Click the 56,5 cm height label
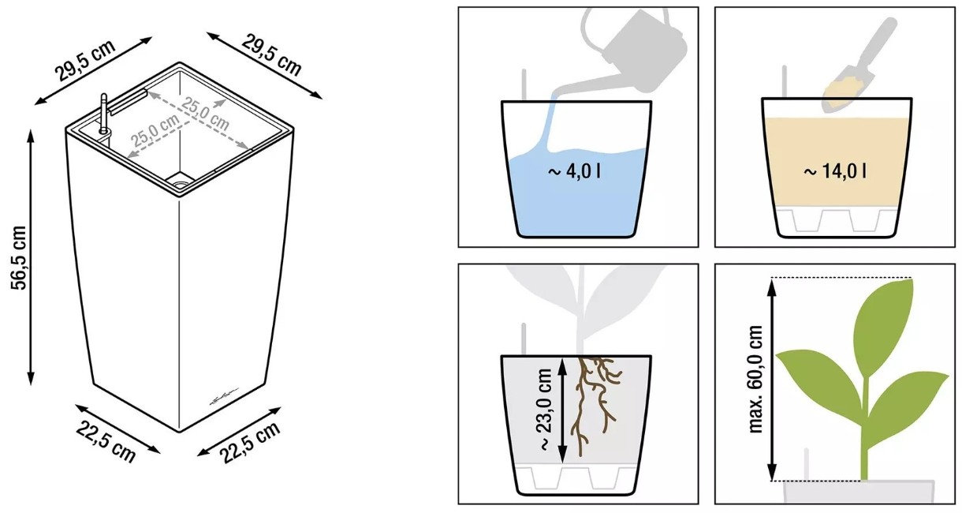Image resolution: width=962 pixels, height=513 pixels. pos(19,257)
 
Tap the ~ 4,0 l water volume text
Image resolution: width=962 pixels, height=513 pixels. pos(574,172)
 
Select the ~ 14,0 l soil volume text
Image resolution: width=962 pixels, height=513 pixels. pos(834,171)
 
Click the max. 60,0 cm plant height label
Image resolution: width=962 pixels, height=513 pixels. pos(755,379)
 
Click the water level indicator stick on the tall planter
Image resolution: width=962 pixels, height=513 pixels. pos(103,114)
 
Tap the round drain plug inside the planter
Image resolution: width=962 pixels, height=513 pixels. pos(180,181)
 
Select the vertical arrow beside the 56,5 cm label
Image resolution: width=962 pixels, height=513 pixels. pos(31,257)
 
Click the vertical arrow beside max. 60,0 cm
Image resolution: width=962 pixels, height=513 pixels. pos(772,380)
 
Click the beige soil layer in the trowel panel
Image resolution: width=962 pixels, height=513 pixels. pos(837,162)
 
